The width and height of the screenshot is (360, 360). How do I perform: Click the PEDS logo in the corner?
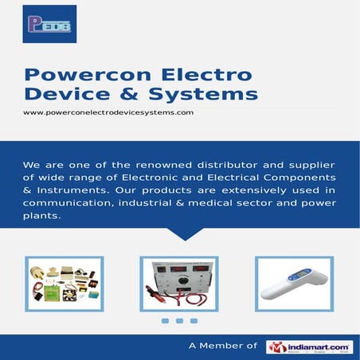point(49,24)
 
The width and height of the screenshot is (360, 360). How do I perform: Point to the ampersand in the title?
point(127,95)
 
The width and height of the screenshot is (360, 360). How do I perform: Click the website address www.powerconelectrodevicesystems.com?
point(108,112)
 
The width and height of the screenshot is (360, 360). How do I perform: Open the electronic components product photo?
point(64,283)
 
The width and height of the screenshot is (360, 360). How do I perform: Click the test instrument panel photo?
point(178,283)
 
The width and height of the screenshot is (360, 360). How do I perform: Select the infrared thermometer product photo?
point(293,283)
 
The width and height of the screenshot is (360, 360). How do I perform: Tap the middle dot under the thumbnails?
point(179,321)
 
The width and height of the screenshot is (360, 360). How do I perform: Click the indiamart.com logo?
point(309,346)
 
